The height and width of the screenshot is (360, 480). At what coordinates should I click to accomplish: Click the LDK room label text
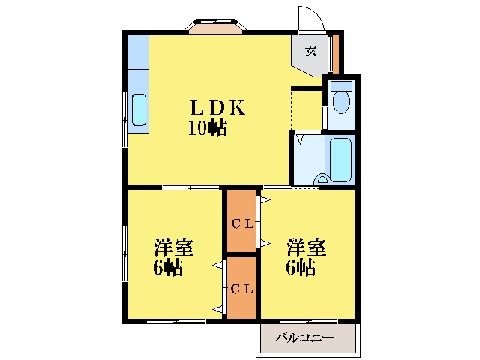tap(217, 107)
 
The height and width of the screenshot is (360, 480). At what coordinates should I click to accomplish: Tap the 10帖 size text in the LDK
tap(207, 127)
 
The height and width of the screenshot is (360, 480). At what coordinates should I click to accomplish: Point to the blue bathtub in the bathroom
tap(340, 158)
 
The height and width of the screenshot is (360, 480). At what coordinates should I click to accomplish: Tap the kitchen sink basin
tap(139, 110)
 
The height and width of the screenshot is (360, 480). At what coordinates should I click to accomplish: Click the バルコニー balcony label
tap(304, 338)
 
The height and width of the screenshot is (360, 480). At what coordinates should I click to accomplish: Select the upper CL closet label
tap(241, 223)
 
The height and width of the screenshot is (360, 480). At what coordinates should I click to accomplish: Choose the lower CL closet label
tap(241, 288)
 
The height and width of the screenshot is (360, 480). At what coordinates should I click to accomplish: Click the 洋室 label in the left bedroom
tap(174, 247)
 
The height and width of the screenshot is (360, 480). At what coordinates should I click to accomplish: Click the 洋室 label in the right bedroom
tap(306, 247)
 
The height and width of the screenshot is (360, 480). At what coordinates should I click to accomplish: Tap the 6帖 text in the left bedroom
tap(169, 268)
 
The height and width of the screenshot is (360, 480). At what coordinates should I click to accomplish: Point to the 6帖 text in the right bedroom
tap(300, 268)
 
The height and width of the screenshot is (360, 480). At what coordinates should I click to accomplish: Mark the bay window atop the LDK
tap(216, 27)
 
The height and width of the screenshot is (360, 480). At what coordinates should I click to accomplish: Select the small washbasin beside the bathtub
tap(322, 179)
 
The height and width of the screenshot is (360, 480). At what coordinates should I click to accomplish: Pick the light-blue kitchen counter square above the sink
tap(138, 50)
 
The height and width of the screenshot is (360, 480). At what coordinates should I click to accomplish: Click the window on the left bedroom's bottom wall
tap(176, 321)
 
